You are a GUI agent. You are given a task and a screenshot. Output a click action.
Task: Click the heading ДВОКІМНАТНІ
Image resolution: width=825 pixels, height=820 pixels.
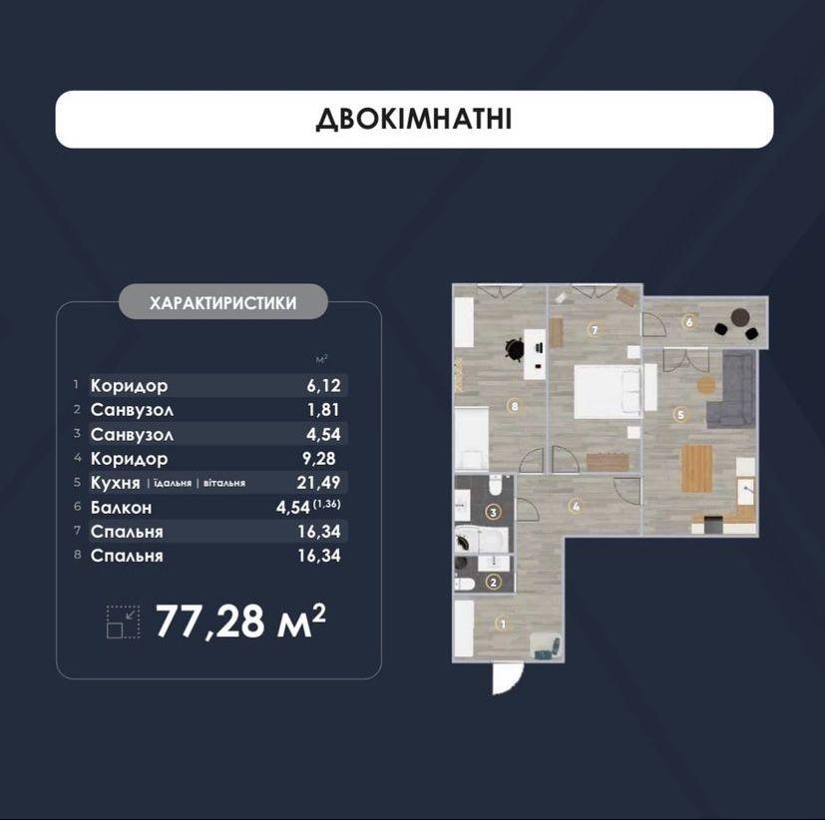pos(414,120)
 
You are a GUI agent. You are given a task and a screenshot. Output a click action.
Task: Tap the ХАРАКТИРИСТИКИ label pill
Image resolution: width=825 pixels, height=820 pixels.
pos(223,302)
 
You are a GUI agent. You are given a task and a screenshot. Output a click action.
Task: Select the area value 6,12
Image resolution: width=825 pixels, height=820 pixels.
pos(323,385)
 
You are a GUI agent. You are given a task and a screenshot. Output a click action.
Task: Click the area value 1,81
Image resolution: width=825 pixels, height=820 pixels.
pos(323,410)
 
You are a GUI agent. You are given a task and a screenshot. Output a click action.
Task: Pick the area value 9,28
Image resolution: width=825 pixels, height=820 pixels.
pos(319,459)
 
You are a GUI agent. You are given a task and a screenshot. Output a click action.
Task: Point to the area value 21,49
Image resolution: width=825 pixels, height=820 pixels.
pos(319,482)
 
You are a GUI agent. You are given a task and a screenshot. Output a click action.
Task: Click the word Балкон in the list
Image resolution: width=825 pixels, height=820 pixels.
pos(121,508)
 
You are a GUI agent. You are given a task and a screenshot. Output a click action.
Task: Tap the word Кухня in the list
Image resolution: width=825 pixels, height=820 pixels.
pos(116,483)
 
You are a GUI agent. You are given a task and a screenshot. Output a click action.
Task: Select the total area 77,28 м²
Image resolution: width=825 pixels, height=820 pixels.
pos(240,620)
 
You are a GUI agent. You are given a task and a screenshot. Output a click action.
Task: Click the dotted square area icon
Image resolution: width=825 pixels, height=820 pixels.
pos(123,621)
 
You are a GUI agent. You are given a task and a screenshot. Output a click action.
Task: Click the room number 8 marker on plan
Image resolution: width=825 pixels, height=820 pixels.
pos(514,406)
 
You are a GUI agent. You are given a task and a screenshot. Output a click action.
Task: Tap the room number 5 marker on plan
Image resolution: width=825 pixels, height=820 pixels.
pos(680,414)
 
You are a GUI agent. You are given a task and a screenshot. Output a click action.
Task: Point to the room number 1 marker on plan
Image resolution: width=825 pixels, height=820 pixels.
pos(503,623)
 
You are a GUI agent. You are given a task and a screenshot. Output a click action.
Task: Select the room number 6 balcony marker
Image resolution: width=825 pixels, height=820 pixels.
pos(688,322)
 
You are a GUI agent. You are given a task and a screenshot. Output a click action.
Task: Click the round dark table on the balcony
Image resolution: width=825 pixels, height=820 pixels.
pos(740,317)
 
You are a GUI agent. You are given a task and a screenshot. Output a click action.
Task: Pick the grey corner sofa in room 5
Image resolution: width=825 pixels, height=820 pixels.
pos(732,390)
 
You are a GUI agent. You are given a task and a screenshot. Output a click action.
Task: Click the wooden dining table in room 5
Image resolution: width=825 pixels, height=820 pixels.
pos(696,468)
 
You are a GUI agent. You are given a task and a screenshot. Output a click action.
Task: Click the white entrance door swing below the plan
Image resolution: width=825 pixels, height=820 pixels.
pos(507,678)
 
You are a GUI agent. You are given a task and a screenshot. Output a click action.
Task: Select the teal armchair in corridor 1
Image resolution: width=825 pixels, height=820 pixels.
pos(546,645)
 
